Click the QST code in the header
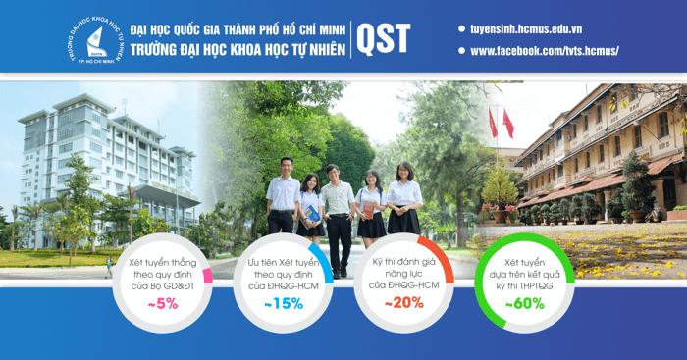click(383, 37)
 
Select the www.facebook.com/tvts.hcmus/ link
click(545, 50)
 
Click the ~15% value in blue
click(284, 304)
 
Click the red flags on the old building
click(501, 124)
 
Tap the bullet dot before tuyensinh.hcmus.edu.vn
click(461, 28)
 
